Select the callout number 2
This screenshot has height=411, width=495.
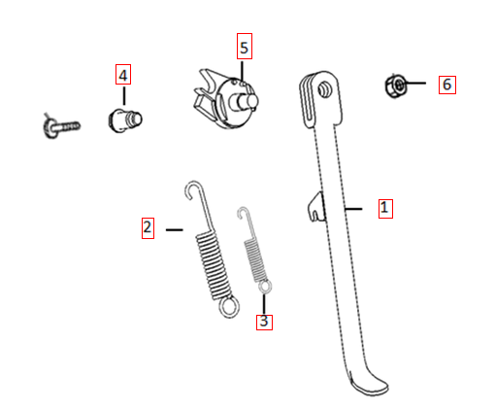[x=148, y=227]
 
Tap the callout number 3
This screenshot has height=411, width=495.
[x=264, y=321]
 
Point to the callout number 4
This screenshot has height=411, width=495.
[x=123, y=76]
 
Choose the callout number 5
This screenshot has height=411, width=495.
[x=245, y=48]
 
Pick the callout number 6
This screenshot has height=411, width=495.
[x=446, y=85]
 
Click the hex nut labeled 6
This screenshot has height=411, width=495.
[x=396, y=86]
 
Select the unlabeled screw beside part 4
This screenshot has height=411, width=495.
[x=60, y=126]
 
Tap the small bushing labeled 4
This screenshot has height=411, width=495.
[x=124, y=120]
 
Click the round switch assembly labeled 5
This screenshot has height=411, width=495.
[x=227, y=100]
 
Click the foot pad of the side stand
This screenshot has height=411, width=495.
[x=370, y=386]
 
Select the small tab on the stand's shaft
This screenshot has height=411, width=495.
[x=316, y=207]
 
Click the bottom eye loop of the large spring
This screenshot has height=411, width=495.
[x=229, y=307]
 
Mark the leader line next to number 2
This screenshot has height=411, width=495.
[x=175, y=229]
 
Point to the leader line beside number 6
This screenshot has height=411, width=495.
[x=414, y=84]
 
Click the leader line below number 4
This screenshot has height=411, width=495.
[x=124, y=95]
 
